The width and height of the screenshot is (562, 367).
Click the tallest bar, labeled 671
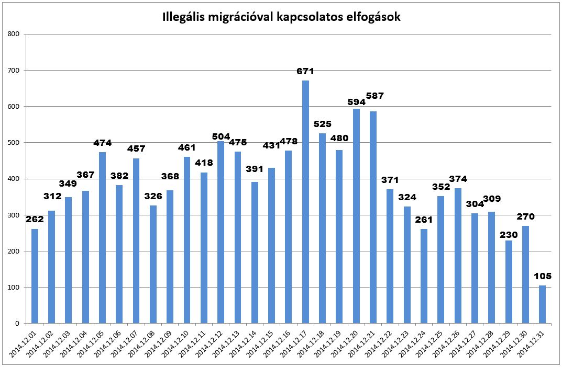coord(305,202)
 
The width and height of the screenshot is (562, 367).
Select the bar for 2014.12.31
coord(542,304)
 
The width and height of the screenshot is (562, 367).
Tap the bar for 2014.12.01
coord(35,276)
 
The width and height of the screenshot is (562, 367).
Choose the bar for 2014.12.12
coord(221,232)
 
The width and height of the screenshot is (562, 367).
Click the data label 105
coord(542,276)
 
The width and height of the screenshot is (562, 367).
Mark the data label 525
coord(322,124)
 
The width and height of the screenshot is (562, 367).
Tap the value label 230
coord(508,235)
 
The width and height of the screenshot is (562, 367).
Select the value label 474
coord(102,143)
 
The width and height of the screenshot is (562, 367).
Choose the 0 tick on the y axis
coord(17,324)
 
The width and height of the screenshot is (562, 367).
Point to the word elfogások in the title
coord(374,17)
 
